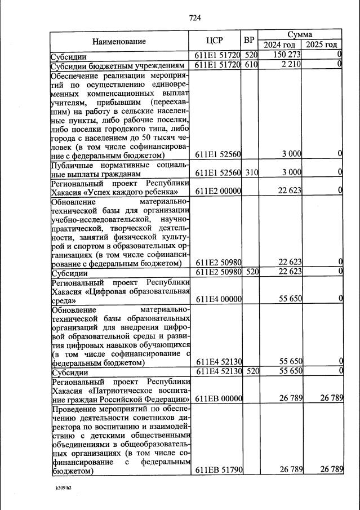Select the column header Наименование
tap(119, 41)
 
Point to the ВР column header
tap(250, 41)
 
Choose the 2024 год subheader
tap(279, 45)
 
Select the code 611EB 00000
tap(218, 399)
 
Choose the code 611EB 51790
tap(218, 469)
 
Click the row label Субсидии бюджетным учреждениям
tap(118, 65)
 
